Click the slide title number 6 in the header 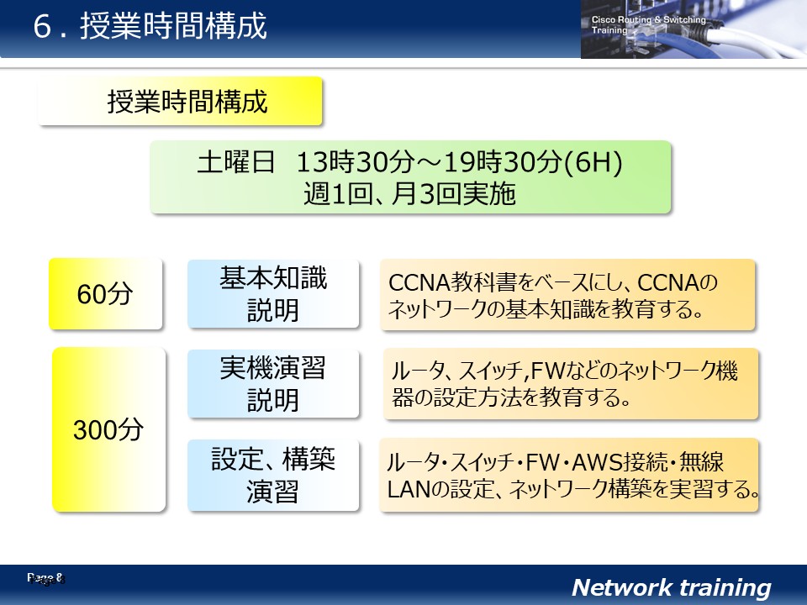pyautogui.click(x=42, y=26)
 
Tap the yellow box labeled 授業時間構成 pyautogui.click(x=180, y=101)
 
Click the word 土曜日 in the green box pyautogui.click(x=235, y=161)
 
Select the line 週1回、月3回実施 pyautogui.click(x=409, y=194)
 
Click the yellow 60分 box pyautogui.click(x=106, y=294)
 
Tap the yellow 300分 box pyautogui.click(x=109, y=429)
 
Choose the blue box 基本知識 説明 pyautogui.click(x=273, y=294)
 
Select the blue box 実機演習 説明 pyautogui.click(x=273, y=383)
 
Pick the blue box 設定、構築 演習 pyautogui.click(x=273, y=475)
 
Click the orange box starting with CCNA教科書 pyautogui.click(x=567, y=295)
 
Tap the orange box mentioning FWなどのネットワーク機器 pyautogui.click(x=571, y=384)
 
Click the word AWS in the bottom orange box pyautogui.click(x=597, y=462)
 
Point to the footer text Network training pyautogui.click(x=672, y=587)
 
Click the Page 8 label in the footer pyautogui.click(x=46, y=579)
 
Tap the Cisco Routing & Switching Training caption pyautogui.click(x=648, y=24)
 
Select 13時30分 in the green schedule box pyautogui.click(x=356, y=162)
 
